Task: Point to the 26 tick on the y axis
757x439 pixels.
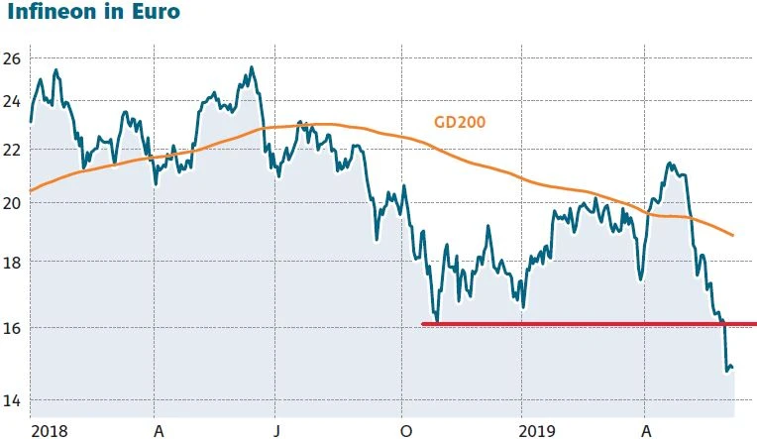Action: pos(11,58)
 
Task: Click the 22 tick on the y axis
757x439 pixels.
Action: pos(11,149)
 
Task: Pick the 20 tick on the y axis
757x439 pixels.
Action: pos(11,202)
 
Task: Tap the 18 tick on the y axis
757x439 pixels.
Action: pos(11,263)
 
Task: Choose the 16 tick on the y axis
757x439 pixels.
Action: pos(11,327)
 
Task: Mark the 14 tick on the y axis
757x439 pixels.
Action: pos(11,400)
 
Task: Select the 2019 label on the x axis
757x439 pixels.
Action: pos(539,431)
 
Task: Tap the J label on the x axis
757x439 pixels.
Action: pos(277,431)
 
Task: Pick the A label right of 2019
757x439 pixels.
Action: pos(645,431)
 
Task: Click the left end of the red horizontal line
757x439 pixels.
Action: pos(424,323)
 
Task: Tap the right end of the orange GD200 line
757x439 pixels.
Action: pos(732,236)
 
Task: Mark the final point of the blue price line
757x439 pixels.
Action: pos(732,369)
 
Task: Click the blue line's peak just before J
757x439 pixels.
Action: pos(252,67)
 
